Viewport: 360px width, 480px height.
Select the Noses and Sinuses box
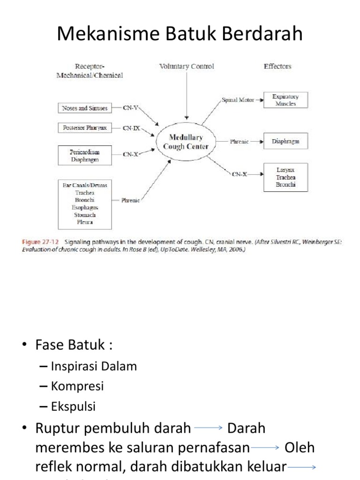85,108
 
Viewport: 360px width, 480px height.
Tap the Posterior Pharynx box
85,127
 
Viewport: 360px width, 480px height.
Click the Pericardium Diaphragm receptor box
85,156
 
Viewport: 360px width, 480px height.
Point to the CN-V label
130,108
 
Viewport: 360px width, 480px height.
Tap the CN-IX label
131,127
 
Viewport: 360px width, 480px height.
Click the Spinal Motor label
238,100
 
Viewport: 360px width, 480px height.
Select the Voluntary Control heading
187,67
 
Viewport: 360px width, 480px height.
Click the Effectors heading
277,67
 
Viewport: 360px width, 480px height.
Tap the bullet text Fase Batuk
74,346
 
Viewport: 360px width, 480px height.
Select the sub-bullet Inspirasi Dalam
93,367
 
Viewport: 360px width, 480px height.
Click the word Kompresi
77,387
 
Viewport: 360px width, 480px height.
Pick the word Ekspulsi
73,407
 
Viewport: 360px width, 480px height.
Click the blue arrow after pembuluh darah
208,428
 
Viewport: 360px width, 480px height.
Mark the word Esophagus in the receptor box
85,207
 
